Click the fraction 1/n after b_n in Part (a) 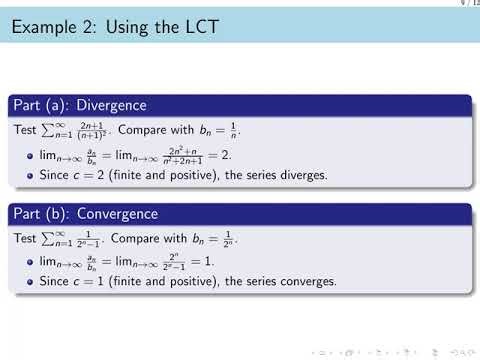coord(249,130)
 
